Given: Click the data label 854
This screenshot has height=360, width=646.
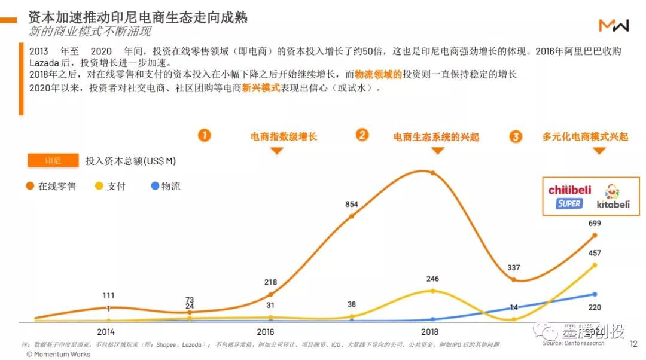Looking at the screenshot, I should tap(352, 205).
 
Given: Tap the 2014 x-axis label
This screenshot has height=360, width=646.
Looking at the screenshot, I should tap(106, 331).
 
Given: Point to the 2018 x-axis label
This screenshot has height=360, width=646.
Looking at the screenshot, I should tap(429, 331).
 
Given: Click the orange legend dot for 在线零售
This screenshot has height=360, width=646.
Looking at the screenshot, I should tap(30, 186).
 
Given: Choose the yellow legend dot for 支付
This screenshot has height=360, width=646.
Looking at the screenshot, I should tap(99, 186).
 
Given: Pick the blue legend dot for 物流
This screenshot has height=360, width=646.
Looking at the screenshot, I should tap(155, 186).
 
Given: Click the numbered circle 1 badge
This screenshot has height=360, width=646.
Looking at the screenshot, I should tap(205, 135).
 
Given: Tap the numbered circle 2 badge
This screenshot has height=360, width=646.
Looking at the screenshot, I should tap(362, 135).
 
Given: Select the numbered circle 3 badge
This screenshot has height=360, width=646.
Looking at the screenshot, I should tap(516, 136).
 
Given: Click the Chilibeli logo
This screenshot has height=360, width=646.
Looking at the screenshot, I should tap(569, 190).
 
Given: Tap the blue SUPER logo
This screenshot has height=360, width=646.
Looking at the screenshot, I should tap(569, 203).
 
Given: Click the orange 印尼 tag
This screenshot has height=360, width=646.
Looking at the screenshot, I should tap(53, 161).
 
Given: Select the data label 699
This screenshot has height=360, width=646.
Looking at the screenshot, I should tap(594, 224).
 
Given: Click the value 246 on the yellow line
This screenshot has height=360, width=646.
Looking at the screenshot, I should tap(432, 279).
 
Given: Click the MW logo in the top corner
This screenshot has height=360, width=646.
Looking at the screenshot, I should tap(614, 25).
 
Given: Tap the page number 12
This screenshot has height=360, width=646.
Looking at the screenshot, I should tap(633, 344).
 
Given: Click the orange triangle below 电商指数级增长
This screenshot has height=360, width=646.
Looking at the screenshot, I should tap(276, 151).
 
